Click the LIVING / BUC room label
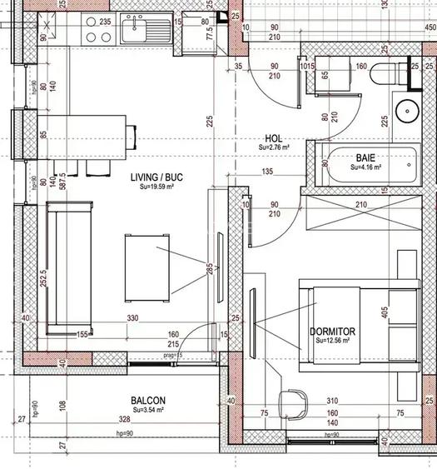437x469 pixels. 156,177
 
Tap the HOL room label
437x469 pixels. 273,138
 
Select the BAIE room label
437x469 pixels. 365,157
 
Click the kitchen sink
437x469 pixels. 137,32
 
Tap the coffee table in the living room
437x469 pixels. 149,268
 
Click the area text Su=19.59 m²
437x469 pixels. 156,187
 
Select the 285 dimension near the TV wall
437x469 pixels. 210,268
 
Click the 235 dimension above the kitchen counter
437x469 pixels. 105,22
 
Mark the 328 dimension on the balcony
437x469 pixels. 124,419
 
